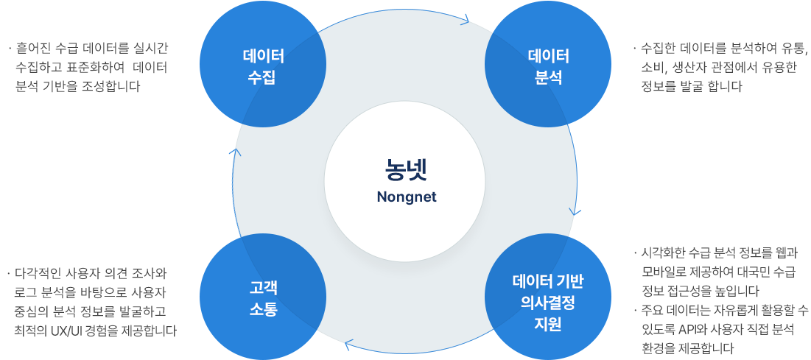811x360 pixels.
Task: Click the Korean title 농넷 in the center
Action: [406, 169]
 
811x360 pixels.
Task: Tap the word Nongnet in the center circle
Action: [406, 197]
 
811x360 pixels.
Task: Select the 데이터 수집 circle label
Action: [262, 67]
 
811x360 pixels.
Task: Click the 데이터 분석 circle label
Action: [548, 67]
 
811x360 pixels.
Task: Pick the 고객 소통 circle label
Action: [262, 297]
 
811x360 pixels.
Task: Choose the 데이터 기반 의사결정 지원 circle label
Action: [548, 302]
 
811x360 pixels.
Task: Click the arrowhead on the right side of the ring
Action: [575, 211]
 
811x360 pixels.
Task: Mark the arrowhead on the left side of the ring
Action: [235, 152]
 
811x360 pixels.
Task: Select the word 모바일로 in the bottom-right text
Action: [665, 272]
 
